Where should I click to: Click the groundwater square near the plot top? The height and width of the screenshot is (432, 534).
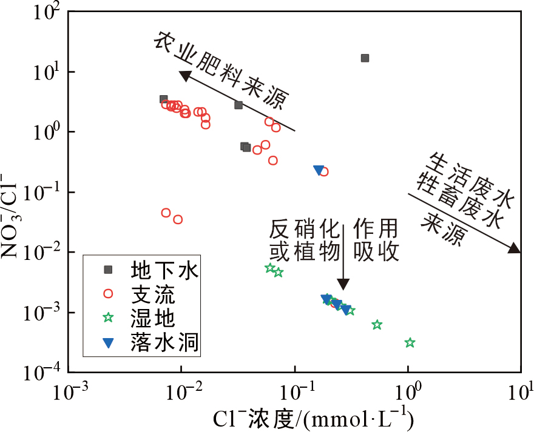point(365,58)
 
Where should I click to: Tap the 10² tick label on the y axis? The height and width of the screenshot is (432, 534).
point(44,13)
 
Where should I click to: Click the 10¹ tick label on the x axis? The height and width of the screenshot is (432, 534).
point(521,393)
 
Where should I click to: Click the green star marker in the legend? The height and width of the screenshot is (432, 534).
point(108,317)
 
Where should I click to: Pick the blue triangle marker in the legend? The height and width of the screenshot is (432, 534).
point(108,343)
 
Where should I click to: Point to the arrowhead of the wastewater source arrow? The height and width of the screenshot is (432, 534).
point(514,248)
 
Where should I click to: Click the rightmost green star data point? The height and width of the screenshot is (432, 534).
point(410,343)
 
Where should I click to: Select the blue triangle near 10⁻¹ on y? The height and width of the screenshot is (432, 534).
point(319,171)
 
